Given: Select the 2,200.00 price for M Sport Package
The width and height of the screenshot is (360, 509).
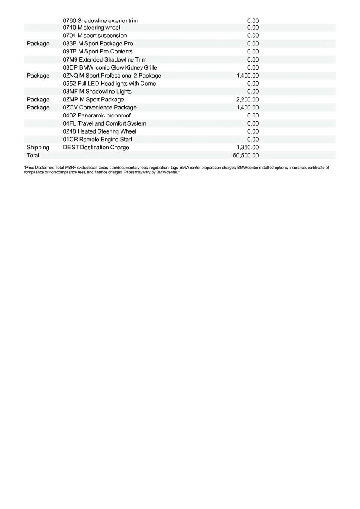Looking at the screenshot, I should [x=247, y=100].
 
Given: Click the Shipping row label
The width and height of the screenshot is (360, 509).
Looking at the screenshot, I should [x=38, y=147].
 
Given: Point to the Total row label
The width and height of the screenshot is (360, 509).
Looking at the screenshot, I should [x=33, y=155].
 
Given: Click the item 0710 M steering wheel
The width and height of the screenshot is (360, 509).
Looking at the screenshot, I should [x=92, y=28].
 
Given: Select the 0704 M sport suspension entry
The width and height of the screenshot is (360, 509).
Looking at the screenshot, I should [x=95, y=36].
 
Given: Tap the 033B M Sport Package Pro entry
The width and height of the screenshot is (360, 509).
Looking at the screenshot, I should [x=98, y=44].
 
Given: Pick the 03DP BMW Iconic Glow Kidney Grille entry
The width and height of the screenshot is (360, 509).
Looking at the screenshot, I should [x=110, y=67].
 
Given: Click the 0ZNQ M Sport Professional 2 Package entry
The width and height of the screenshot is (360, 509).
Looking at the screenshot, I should [x=112, y=76].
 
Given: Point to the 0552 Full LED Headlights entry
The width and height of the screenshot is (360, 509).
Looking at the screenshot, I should [x=109, y=84].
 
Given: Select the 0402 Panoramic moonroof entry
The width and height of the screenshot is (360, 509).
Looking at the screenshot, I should [x=97, y=115].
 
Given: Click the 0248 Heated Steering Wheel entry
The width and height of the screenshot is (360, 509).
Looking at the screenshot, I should [x=100, y=131].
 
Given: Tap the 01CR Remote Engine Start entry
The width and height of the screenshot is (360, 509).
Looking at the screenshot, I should [x=97, y=139].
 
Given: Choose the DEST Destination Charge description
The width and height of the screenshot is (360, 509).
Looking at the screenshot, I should [x=96, y=147].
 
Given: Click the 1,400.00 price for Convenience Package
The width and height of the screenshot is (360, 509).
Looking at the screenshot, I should [x=247, y=107].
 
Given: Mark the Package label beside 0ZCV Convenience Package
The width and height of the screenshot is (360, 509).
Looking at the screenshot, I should [x=38, y=107].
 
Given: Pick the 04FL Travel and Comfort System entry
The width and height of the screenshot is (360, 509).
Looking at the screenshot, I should [x=104, y=123].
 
